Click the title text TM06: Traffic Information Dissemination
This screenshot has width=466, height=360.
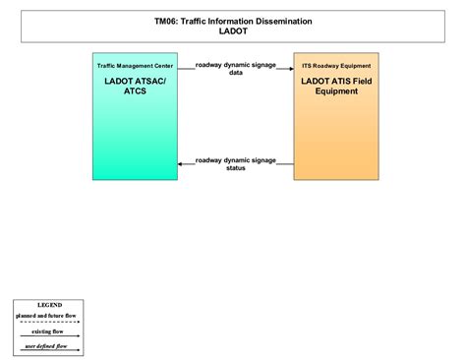point(233,20)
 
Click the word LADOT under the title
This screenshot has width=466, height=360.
point(233,30)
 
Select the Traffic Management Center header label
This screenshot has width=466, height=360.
point(135,66)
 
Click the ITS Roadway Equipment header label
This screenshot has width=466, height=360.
point(336,66)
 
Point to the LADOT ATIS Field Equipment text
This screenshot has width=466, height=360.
point(336,86)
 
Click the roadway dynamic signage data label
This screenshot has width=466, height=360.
point(236,68)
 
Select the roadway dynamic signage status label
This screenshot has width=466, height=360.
point(236,163)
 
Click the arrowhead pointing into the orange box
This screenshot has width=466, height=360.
point(290,69)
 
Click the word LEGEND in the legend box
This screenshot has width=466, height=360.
point(49,305)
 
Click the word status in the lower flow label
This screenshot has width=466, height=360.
point(236,168)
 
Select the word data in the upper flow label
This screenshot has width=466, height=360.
point(236,73)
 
